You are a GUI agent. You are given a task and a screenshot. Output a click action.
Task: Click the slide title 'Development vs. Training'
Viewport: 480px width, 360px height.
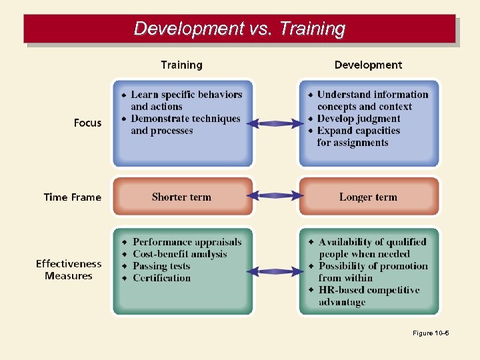tap(239, 29)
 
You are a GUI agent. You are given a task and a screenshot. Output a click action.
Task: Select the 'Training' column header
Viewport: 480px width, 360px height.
tap(181, 65)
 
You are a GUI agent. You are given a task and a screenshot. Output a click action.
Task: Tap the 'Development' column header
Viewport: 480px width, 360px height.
tap(368, 65)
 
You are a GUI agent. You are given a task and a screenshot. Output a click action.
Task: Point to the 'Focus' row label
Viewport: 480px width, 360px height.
tap(87, 123)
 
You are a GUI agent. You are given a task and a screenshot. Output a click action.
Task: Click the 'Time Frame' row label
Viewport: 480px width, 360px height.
tap(72, 197)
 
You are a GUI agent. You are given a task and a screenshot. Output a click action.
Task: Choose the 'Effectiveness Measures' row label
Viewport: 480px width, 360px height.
tap(69, 270)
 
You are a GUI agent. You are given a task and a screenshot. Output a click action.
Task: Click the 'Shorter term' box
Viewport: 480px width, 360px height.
tap(181, 197)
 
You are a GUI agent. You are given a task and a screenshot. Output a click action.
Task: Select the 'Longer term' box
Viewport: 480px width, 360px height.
tap(368, 197)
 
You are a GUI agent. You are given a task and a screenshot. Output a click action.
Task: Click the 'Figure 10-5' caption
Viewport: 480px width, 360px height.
tap(431, 333)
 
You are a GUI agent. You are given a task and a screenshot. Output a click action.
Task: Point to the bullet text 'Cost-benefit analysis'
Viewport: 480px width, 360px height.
tap(180, 254)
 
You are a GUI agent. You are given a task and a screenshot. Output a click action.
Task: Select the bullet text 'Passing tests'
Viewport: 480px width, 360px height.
tap(161, 266)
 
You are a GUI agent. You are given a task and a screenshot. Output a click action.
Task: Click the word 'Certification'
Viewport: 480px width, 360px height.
tap(161, 278)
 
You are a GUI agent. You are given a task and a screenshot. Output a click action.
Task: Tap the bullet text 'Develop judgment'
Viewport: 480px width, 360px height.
tap(358, 119)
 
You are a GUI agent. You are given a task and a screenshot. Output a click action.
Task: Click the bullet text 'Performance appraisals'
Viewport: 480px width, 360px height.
tap(187, 242)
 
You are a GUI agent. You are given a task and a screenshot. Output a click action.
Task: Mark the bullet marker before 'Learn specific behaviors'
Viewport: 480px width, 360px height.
tap(123, 95)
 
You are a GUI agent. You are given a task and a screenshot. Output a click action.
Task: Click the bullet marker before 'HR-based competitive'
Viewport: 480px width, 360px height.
tap(311, 290)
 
